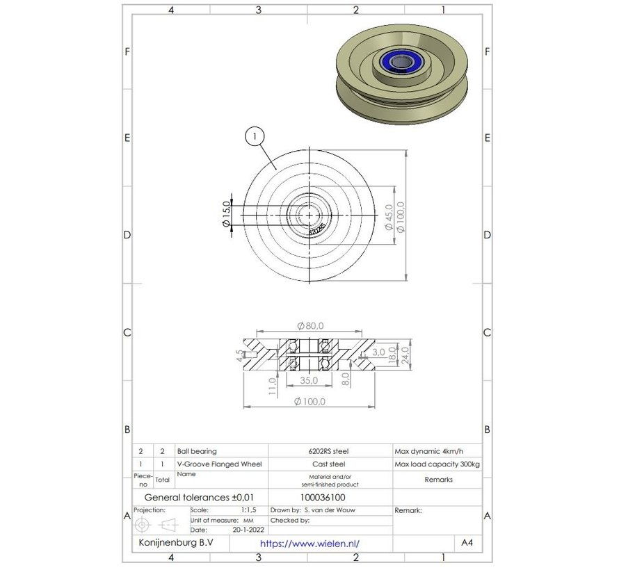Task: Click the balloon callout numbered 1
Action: tap(255, 138)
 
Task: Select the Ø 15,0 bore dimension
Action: tap(225, 215)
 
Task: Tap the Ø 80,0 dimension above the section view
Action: tap(310, 325)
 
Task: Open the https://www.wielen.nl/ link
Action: tap(310, 544)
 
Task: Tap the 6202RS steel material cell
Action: tap(330, 451)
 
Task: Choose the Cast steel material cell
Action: tap(330, 464)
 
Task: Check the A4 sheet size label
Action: tap(467, 542)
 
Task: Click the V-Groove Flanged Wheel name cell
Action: tap(220, 464)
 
